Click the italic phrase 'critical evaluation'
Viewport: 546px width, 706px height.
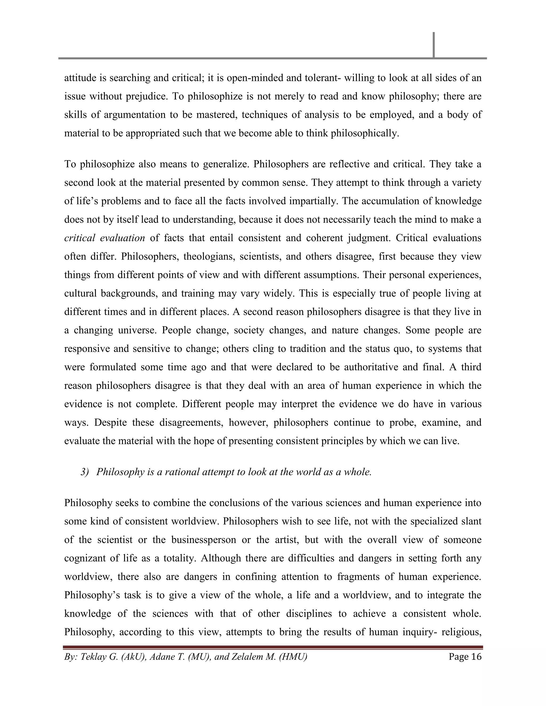[x=105, y=238]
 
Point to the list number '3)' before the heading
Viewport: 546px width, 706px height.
[x=85, y=472]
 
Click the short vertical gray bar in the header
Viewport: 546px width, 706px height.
[x=433, y=44]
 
